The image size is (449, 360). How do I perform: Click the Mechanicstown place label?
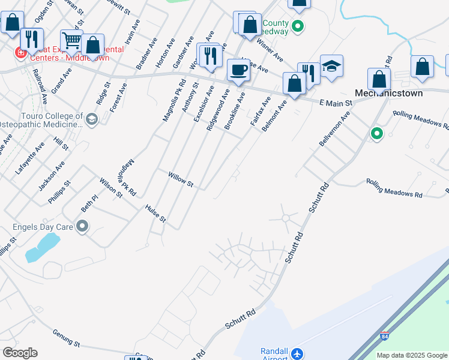click(388, 94)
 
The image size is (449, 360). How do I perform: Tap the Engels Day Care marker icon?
click(83, 227)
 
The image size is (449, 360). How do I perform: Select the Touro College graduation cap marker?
click(91, 118)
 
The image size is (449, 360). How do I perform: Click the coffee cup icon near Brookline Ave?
click(238, 71)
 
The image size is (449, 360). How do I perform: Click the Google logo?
click(20, 353)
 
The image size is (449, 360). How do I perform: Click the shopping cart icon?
click(71, 41)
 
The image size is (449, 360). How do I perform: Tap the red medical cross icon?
click(21, 53)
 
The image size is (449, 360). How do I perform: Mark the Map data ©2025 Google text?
click(412, 355)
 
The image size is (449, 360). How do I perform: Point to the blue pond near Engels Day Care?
click(42, 247)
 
